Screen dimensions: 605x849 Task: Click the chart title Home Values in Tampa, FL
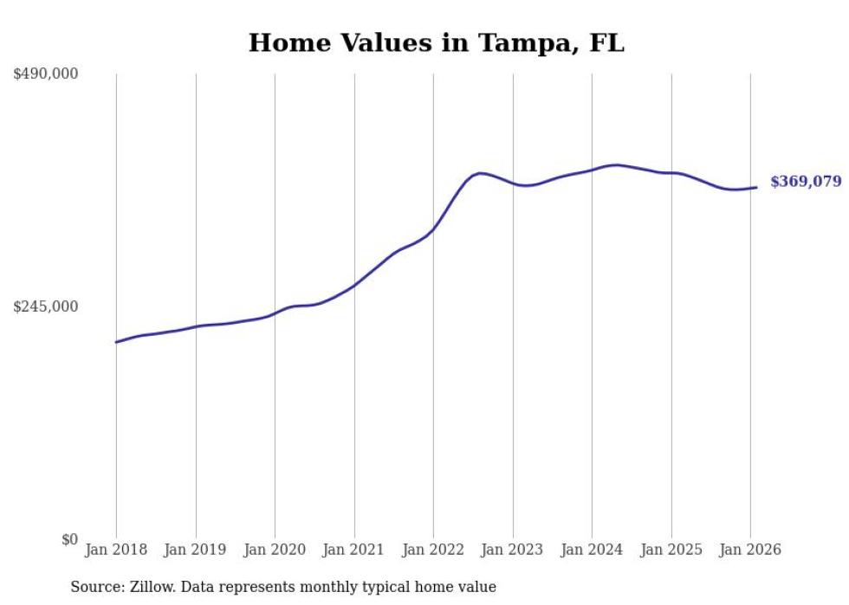coord(436,42)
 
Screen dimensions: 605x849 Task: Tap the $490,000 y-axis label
coord(46,74)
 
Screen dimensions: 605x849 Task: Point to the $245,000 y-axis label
coord(46,306)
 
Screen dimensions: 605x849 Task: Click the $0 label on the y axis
coord(69,539)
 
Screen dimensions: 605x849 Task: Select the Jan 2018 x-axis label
coord(116,550)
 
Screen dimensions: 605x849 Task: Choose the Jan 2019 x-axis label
coord(195,550)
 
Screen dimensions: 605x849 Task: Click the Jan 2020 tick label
coord(275,550)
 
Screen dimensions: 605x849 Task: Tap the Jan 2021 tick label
coord(353,550)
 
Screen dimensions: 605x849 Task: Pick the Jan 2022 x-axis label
coord(433,550)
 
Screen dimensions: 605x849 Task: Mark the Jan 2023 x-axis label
coord(513,550)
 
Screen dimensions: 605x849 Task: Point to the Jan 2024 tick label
coord(592,550)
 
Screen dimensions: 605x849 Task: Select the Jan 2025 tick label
coord(671,550)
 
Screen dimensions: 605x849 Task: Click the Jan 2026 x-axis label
coord(750,550)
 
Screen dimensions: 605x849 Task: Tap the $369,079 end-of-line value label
coord(806,182)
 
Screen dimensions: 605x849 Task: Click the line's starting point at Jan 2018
coord(116,342)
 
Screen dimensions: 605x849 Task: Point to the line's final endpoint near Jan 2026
coord(757,187)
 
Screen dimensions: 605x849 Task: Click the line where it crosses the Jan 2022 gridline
coord(433,229)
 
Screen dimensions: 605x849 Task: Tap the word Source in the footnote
coord(96,587)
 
